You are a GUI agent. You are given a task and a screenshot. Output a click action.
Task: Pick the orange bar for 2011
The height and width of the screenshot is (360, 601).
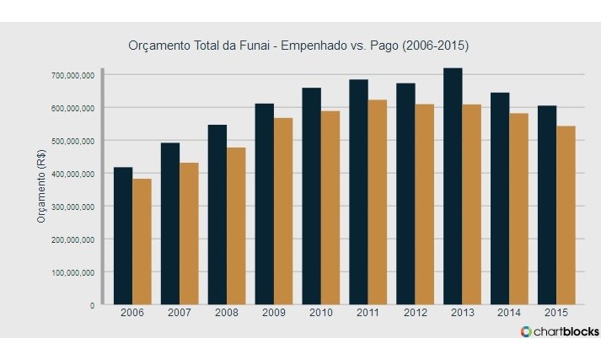point(377,202)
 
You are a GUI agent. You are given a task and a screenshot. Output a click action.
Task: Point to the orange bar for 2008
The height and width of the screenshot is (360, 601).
point(236,227)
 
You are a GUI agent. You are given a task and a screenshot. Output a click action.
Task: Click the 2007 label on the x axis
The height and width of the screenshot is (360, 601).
point(180,313)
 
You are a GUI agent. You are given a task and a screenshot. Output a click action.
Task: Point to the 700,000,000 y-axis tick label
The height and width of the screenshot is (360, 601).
point(71,75)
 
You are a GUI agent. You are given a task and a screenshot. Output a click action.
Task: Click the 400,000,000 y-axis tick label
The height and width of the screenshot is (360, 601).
point(71,174)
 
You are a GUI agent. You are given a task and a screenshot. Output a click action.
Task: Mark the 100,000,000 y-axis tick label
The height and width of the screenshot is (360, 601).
point(71,272)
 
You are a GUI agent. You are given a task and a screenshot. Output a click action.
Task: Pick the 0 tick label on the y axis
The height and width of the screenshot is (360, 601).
point(92,305)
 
